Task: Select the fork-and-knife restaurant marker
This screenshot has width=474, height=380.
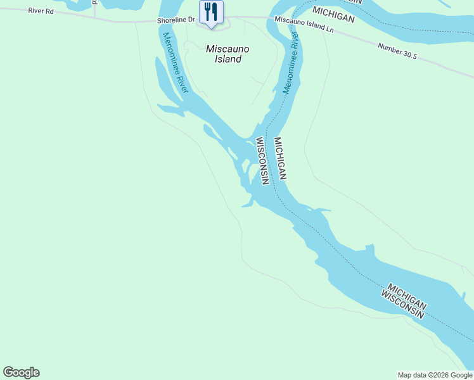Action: [211, 11]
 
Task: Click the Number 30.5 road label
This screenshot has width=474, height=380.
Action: [397, 51]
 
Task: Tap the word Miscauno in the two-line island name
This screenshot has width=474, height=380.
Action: [227, 49]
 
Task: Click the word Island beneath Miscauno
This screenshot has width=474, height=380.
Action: [227, 59]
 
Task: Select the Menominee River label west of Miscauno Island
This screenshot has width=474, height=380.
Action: [176, 62]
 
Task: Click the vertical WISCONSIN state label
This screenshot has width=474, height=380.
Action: [263, 160]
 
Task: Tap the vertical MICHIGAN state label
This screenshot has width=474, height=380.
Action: [281, 158]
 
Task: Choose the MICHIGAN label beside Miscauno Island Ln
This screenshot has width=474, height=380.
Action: [333, 15]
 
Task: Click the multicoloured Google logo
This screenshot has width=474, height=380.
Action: [21, 372]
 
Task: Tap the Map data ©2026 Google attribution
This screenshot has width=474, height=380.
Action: [435, 375]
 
